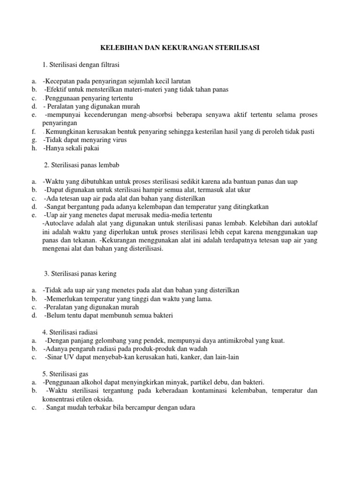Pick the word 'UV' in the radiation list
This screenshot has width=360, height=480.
[67, 357]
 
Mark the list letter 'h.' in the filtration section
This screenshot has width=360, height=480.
[34, 149]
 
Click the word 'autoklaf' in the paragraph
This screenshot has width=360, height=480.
[305, 224]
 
